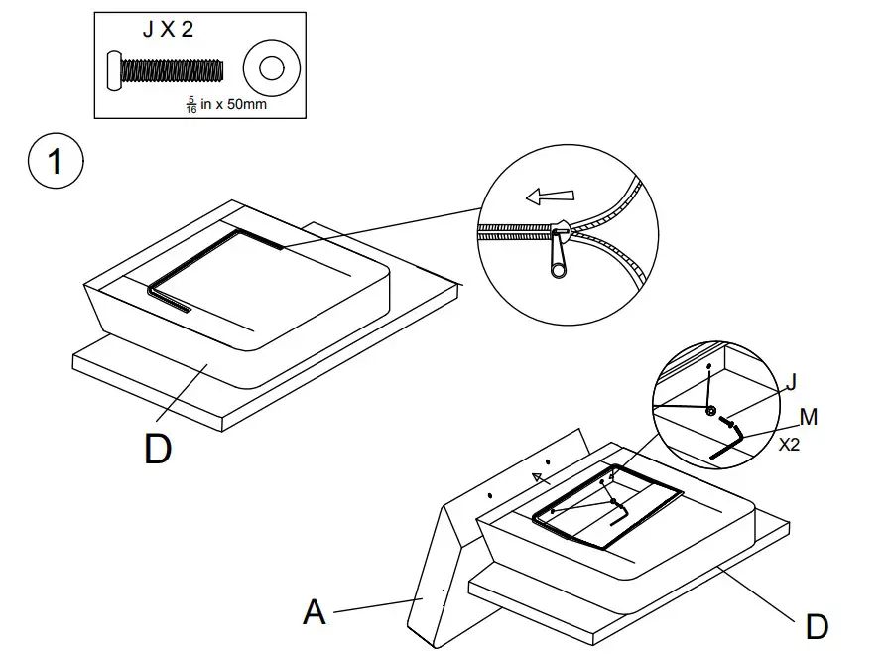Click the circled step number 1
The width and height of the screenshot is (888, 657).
(x=55, y=162)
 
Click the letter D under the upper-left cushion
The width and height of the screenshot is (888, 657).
(x=158, y=448)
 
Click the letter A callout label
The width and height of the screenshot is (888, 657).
(x=314, y=612)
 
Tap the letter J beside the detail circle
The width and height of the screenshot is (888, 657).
(x=790, y=382)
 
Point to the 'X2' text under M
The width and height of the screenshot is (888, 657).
(x=789, y=445)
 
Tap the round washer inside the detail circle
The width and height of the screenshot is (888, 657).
(x=710, y=410)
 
